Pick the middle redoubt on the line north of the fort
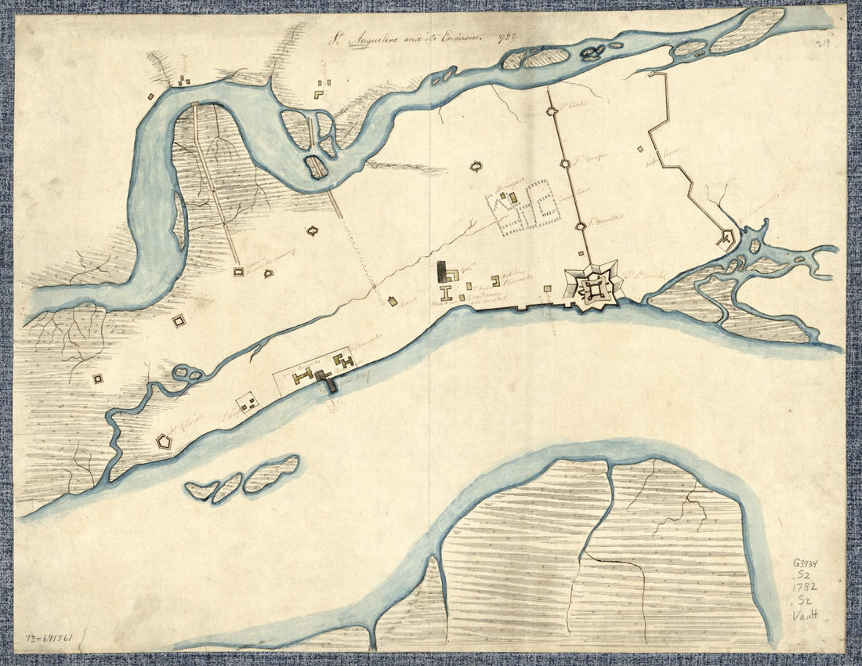pos(565,164)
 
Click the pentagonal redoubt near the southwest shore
pos(164,441)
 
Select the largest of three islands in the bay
pos(271,474)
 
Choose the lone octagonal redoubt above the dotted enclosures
pos(475,166)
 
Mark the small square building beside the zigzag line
pos(640,148)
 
